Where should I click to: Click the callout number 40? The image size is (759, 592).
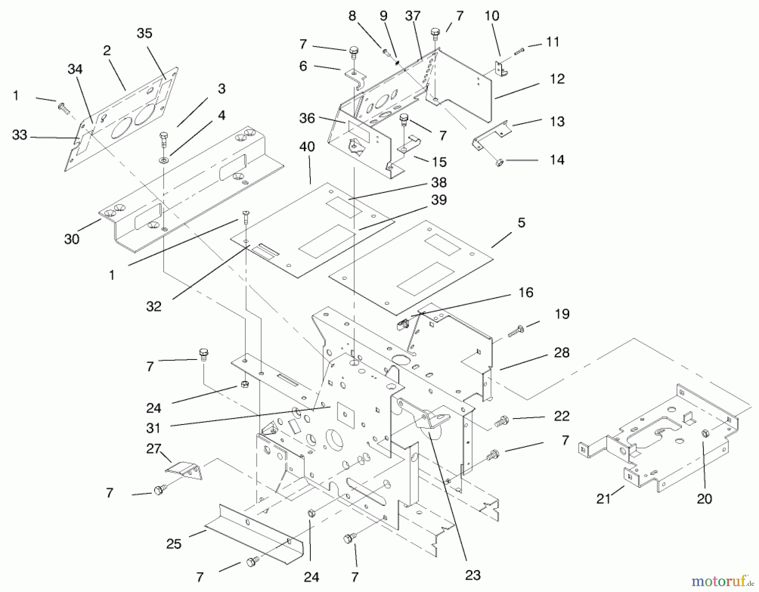point(307,147)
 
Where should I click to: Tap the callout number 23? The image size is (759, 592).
point(473,575)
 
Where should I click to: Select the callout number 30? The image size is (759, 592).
point(72,239)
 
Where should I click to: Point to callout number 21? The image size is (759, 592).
point(603,499)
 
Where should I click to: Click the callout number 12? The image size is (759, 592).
point(557,79)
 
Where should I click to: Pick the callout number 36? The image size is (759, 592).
point(307,118)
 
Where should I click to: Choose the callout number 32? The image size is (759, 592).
point(153,306)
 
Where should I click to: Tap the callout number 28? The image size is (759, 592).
point(562,353)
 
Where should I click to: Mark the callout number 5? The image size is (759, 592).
point(522,223)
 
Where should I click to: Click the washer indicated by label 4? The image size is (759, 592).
point(163,160)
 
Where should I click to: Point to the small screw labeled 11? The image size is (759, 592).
point(519,51)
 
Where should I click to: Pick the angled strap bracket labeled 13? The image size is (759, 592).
point(491,134)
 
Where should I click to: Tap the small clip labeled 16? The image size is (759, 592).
point(403,325)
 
